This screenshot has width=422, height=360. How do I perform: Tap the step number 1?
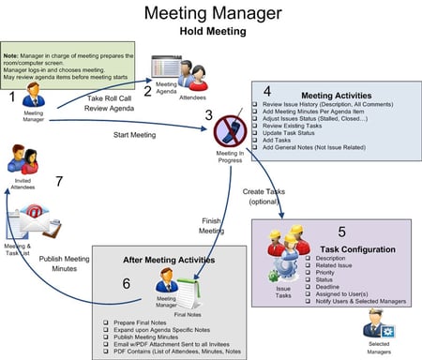tap(10, 96)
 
